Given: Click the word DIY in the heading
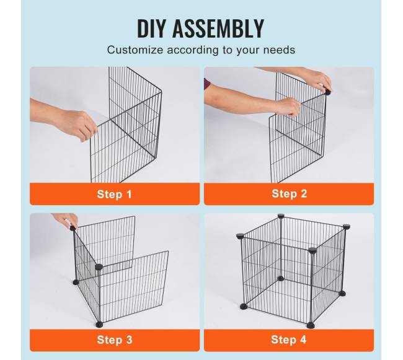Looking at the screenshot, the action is (x=151, y=29).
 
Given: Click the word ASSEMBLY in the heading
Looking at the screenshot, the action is (x=218, y=29).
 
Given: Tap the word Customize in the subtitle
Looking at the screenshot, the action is (x=135, y=50).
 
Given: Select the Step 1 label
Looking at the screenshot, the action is (x=114, y=194).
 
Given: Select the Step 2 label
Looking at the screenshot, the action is (x=290, y=193).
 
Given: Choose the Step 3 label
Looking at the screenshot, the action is (x=115, y=340).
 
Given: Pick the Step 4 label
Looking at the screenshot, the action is (x=289, y=340).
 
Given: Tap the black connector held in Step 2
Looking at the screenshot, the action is (x=328, y=92).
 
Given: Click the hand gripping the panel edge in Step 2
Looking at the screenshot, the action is (x=287, y=107).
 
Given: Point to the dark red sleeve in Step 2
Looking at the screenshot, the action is (x=206, y=84).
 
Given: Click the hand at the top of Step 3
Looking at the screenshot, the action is (x=66, y=219).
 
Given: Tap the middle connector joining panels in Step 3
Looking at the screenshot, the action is (x=99, y=267).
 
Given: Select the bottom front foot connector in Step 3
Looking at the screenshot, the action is (x=99, y=325).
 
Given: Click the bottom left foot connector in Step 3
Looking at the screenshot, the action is (x=76, y=283).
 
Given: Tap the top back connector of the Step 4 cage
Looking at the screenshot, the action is (x=281, y=216).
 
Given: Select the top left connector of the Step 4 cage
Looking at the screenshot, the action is (x=240, y=235).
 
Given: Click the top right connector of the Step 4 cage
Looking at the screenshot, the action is (x=346, y=227).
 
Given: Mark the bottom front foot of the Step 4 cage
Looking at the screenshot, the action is (x=311, y=325).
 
